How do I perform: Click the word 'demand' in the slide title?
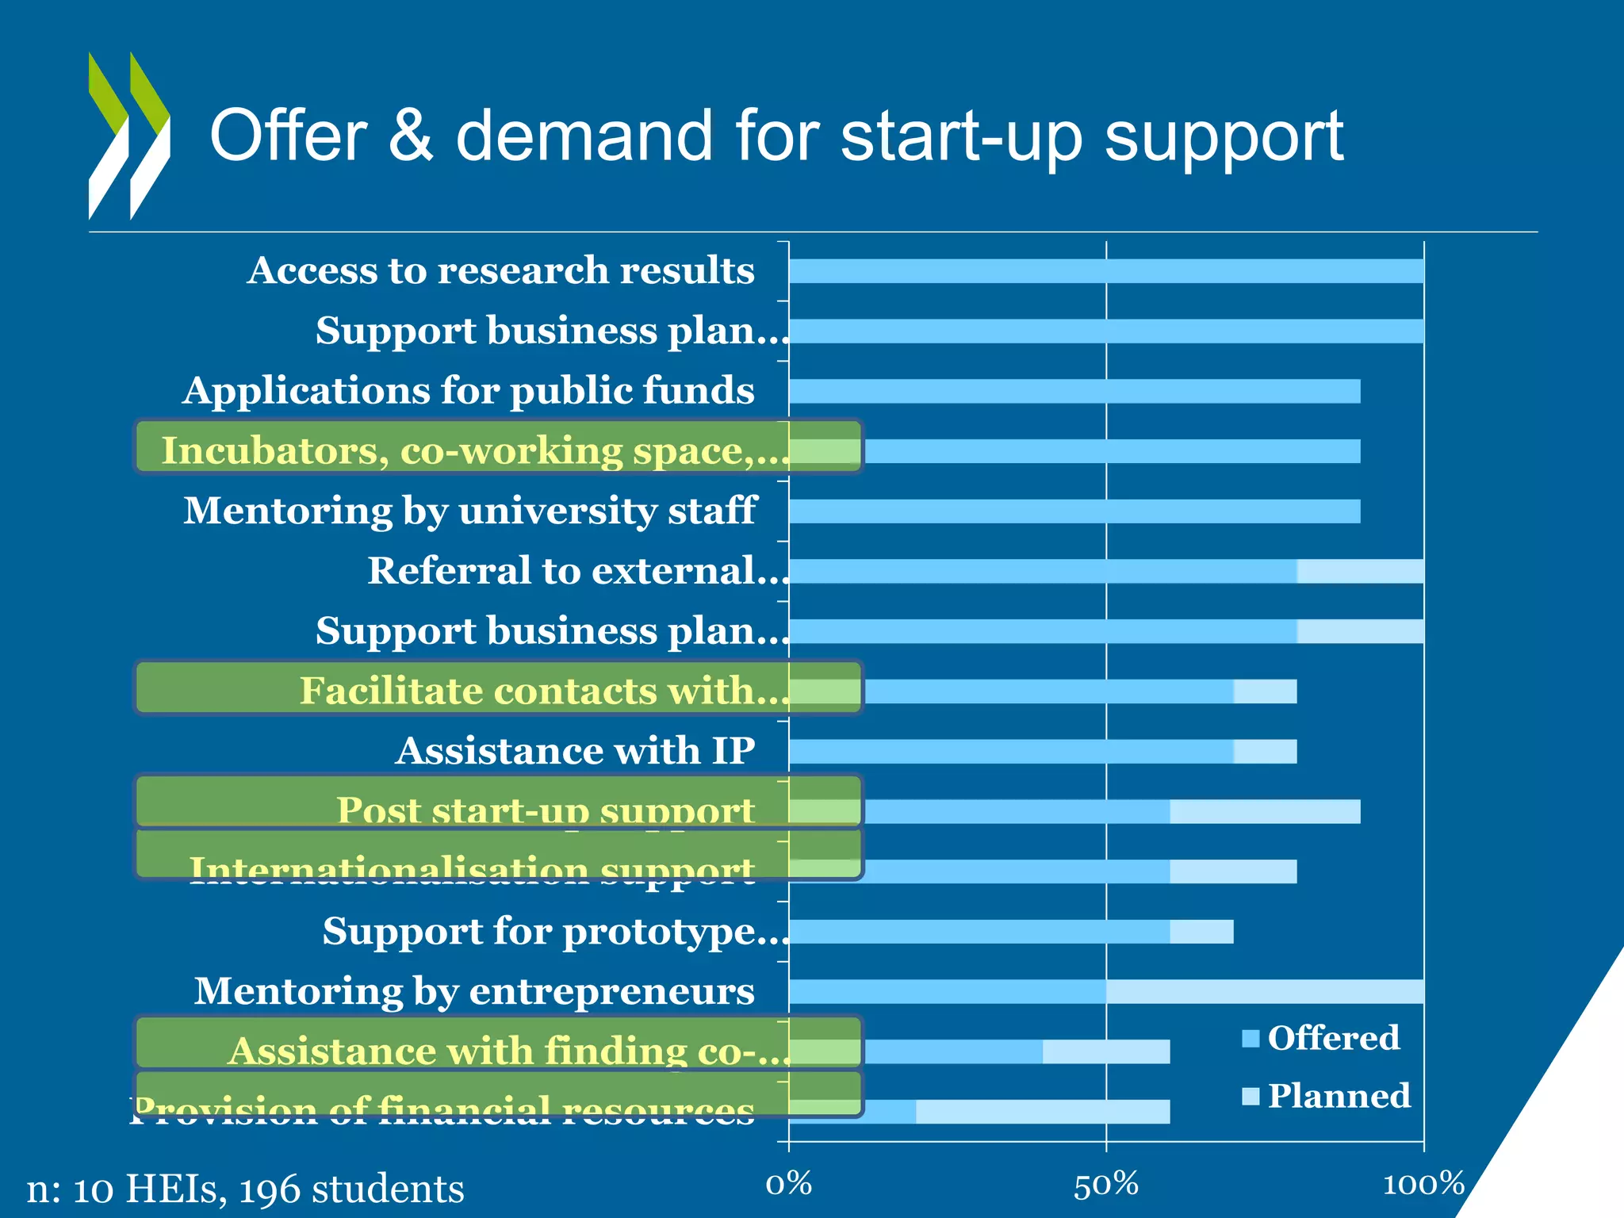[x=584, y=136]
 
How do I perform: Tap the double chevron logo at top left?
[x=129, y=136]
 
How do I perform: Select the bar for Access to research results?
[x=1106, y=271]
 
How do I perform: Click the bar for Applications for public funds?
[x=1074, y=391]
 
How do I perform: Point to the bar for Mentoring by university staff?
[x=1074, y=511]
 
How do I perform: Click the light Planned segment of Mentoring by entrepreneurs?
[x=1265, y=991]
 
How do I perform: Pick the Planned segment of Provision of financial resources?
[x=1043, y=1112]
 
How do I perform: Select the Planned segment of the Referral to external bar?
[x=1360, y=571]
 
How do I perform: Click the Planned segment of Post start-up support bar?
[x=1265, y=812]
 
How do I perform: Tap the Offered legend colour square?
[x=1251, y=1038]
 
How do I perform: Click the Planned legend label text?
[x=1339, y=1096]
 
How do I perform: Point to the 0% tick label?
[x=789, y=1184]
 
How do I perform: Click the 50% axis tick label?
[x=1106, y=1184]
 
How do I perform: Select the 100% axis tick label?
[x=1423, y=1184]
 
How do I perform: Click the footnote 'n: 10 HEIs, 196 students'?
[x=246, y=1189]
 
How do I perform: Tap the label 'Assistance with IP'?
[x=575, y=751]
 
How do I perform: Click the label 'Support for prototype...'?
[x=555, y=931]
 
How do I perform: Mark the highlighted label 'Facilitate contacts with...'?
[x=544, y=691]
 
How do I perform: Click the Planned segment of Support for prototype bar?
[x=1201, y=932]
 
